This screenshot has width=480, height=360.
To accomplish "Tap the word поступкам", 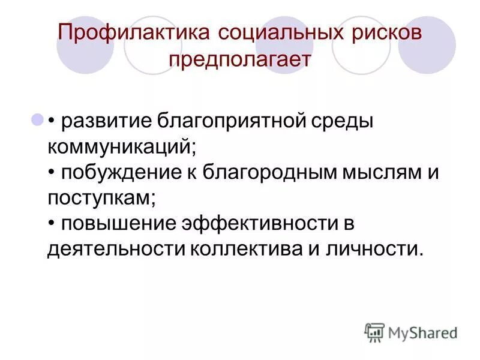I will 102,197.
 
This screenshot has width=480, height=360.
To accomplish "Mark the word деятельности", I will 107,248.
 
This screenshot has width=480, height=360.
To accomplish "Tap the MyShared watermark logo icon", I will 374,332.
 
